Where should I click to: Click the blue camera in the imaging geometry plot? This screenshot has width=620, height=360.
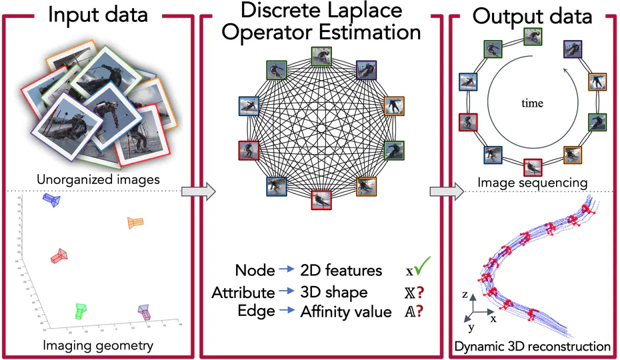[51, 200]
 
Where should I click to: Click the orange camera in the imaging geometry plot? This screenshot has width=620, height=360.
[136, 223]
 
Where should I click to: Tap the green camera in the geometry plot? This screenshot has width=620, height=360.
[81, 311]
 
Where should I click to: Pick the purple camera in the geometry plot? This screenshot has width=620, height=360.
[145, 312]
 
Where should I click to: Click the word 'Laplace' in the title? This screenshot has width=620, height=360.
[366, 11]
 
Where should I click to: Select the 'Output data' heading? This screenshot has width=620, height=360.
[533, 16]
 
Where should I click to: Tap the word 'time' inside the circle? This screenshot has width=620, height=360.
[533, 103]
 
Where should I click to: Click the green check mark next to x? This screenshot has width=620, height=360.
[422, 268]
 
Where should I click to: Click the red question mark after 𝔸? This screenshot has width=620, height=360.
[422, 311]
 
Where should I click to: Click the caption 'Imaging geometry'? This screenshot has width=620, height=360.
[98, 346]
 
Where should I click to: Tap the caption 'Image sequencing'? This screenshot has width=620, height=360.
[531, 182]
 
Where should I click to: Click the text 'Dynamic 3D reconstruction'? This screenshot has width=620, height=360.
[532, 347]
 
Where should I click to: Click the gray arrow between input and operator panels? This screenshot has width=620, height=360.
[203, 191]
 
